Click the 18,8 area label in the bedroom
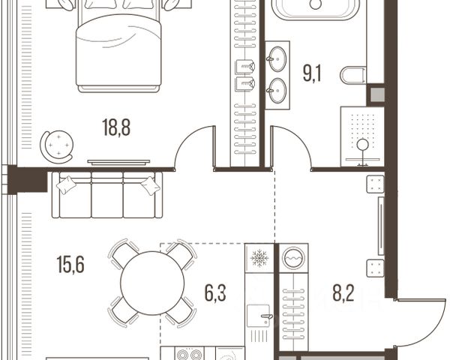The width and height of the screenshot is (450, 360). pyautogui.click(x=116, y=127)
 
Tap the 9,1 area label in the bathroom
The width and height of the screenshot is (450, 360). pyautogui.click(x=312, y=73)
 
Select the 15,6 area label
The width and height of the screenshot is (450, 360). pyautogui.click(x=70, y=265)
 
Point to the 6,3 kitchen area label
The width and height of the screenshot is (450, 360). pyautogui.click(x=215, y=292)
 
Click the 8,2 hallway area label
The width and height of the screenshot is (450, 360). pyautogui.click(x=343, y=292)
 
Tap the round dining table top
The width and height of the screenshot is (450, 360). pyautogui.click(x=152, y=283)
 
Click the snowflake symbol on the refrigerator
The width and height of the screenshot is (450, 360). pyautogui.click(x=259, y=258)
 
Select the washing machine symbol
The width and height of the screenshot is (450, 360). pyautogui.click(x=293, y=258)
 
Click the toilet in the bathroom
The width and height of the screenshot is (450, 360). pyautogui.click(x=353, y=75)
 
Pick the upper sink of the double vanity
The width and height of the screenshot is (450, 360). pyautogui.click(x=277, y=58)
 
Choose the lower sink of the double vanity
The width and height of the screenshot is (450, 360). pyautogui.click(x=277, y=91)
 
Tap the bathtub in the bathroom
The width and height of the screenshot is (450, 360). pyautogui.click(x=316, y=8)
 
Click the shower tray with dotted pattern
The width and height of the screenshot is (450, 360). pyautogui.click(x=362, y=136)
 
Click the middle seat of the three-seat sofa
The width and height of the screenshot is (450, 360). pyautogui.click(x=107, y=195)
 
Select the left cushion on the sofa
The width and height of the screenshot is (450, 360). pyautogui.click(x=66, y=185)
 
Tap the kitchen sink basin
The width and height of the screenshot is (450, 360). pyautogui.click(x=258, y=316)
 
